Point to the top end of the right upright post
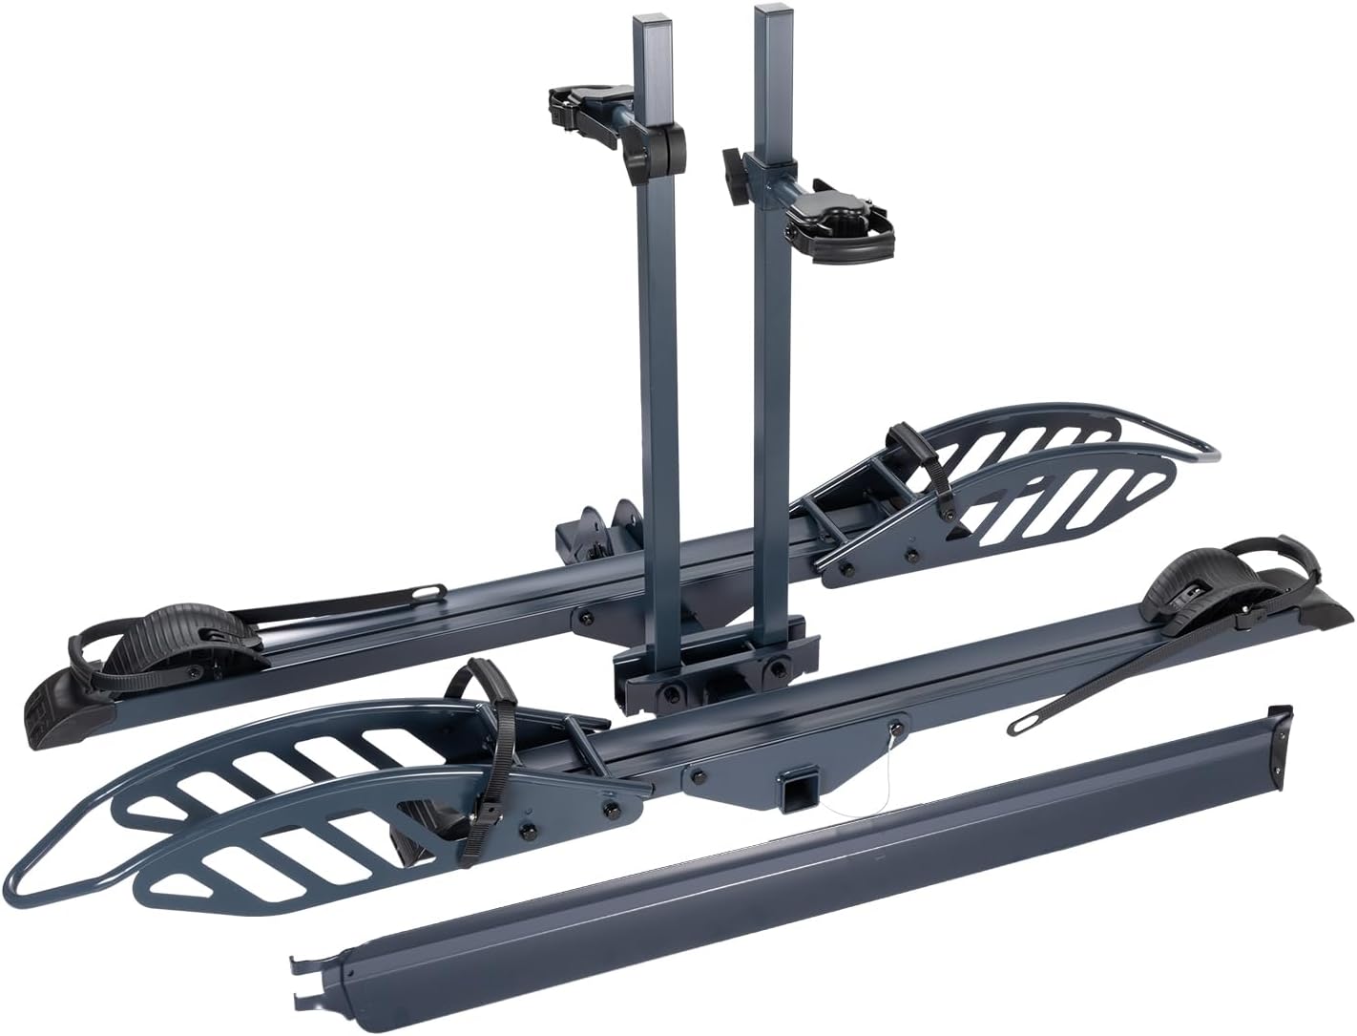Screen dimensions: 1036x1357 pyautogui.click(x=769, y=11)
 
